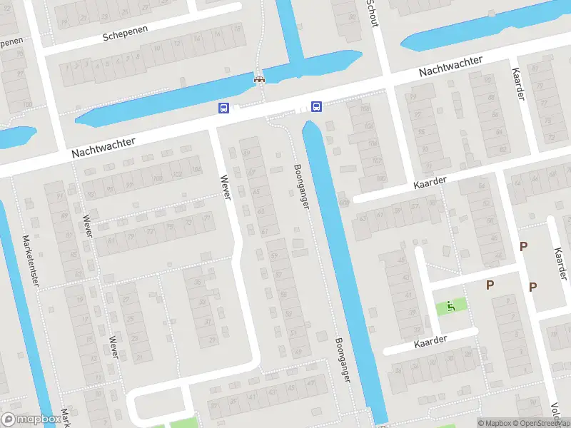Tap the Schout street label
click(x=372, y=12)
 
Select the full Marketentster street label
click(x=32, y=260)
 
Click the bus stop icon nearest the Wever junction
click(x=223, y=108)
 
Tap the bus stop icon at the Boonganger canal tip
click(x=316, y=107)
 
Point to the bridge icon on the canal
click(x=260, y=79)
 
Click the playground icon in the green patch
click(x=450, y=307)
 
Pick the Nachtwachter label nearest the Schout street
click(x=450, y=66)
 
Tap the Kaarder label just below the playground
click(x=430, y=342)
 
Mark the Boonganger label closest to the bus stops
click(x=301, y=186)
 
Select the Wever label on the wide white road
click(x=226, y=187)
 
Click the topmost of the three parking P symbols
click(x=523, y=247)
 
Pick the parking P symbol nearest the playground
click(x=490, y=285)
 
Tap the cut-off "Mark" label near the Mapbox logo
click(x=66, y=418)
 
